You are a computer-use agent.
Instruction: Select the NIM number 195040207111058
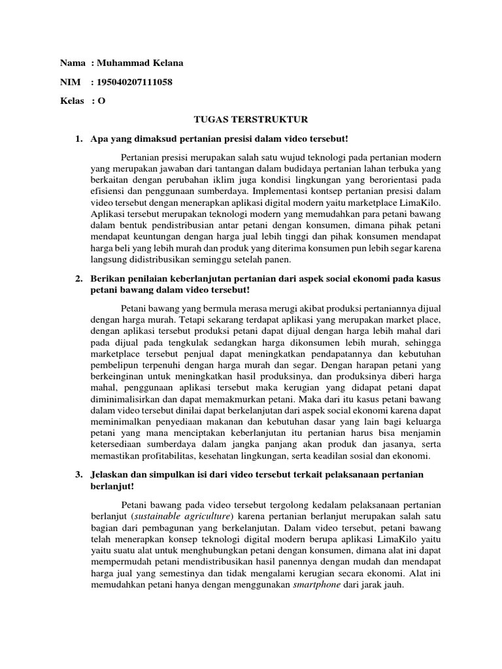pyautogui.click(x=139, y=82)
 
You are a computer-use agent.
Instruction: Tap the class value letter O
pyautogui.click(x=101, y=101)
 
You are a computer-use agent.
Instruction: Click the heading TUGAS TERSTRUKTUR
pyautogui.click(x=251, y=120)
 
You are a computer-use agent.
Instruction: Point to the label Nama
pyautogui.click(x=73, y=63)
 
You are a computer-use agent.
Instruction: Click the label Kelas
pyautogui.click(x=73, y=101)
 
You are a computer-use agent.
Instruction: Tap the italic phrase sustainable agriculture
pyautogui.click(x=175, y=516)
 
